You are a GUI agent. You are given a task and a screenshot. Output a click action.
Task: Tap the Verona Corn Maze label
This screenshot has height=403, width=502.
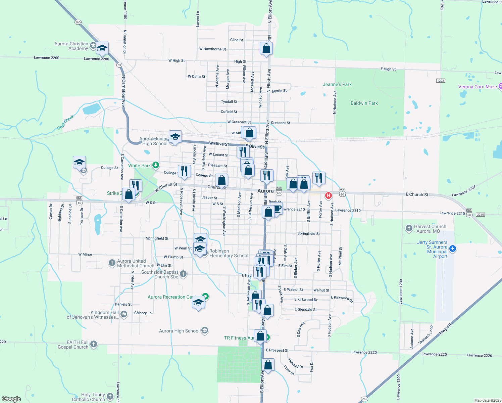click(x=477, y=87)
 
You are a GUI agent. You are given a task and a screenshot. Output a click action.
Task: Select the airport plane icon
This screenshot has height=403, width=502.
click(x=453, y=249)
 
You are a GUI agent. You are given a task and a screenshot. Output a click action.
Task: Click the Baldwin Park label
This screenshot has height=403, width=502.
click(x=364, y=103)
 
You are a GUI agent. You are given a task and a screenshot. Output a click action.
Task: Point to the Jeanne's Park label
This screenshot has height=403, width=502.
click(x=337, y=84)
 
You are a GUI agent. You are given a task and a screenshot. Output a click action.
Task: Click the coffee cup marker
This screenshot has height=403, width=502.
click(x=277, y=209)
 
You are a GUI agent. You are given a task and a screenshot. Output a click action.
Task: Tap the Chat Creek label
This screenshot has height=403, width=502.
click(x=65, y=122)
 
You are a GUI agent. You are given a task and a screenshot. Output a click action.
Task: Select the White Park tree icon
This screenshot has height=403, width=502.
click(x=155, y=165)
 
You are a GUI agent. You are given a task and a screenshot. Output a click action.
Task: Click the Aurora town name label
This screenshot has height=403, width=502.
click(x=265, y=191)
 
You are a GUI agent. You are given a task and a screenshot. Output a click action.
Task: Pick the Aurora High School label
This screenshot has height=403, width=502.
click(x=179, y=331)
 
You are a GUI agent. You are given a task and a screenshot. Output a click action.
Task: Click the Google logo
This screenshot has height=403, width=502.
click(x=11, y=399)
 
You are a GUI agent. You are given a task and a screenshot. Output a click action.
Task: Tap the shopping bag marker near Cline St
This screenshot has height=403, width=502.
click(x=266, y=48)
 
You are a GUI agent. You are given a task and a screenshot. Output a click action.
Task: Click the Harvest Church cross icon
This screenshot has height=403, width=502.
click(x=409, y=229)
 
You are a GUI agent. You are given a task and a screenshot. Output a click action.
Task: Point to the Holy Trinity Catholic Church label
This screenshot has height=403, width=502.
click(x=88, y=397)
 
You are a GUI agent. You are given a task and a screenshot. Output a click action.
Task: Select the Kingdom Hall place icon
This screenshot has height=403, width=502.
click(x=124, y=314)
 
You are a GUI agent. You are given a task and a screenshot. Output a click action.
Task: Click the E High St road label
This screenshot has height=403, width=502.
click(x=388, y=69)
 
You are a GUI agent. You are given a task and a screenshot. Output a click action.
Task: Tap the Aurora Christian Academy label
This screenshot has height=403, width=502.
click(x=71, y=46)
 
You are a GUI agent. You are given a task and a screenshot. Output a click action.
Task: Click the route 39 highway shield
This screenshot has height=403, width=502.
click(x=119, y=65)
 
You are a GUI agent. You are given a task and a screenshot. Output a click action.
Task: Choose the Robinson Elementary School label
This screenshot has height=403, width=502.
click(x=229, y=253)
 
